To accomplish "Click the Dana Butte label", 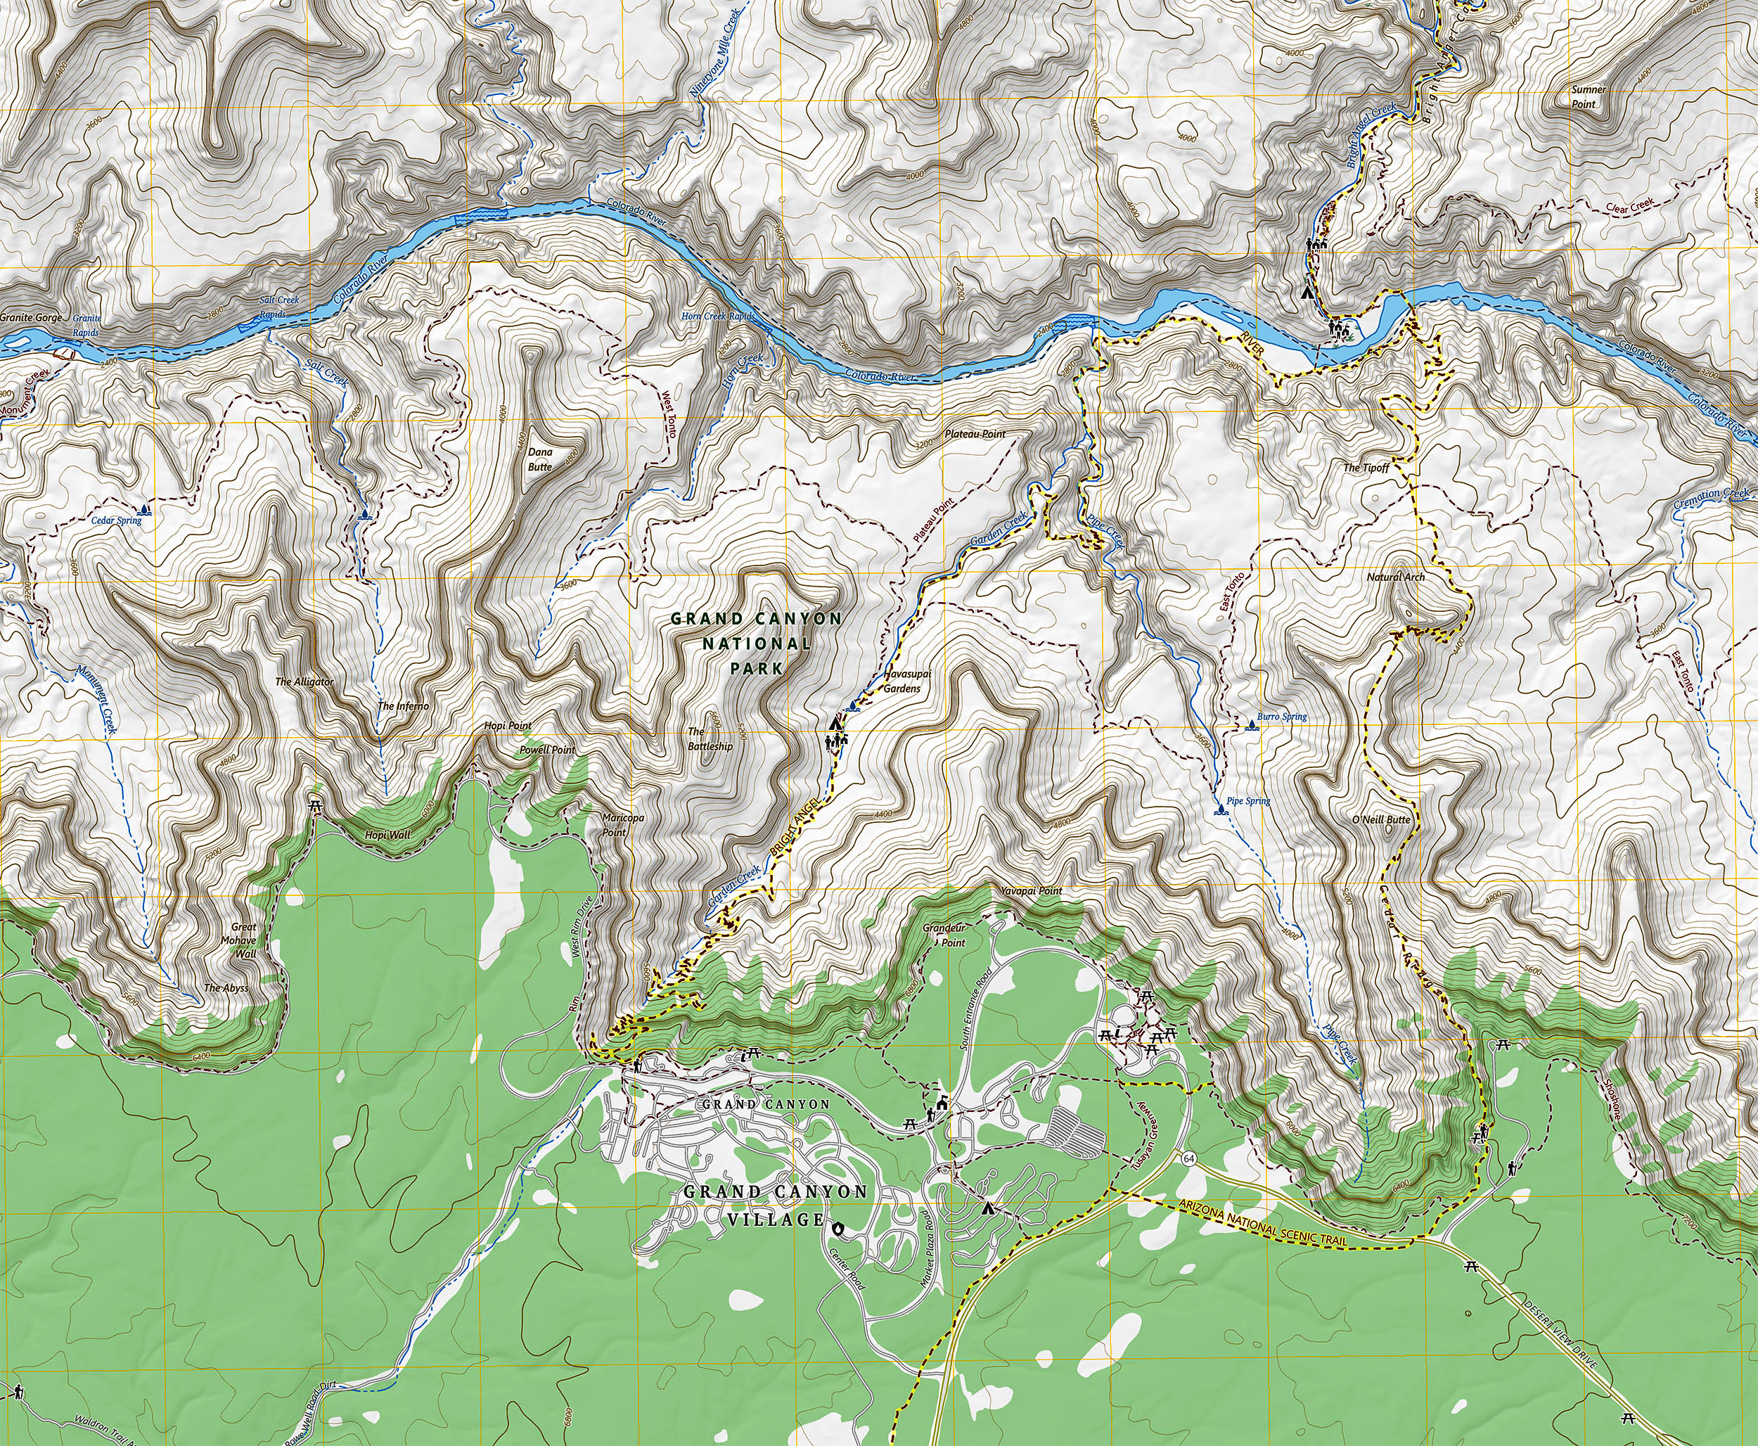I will (539, 460).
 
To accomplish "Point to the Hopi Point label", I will (508, 726).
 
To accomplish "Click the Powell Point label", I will (547, 750).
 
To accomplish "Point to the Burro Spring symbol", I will (1252, 727).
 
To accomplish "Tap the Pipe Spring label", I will (1251, 801).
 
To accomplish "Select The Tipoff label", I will (1366, 468).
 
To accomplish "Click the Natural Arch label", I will (1396, 577).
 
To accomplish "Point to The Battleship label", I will (710, 739).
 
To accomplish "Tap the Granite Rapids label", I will (86, 326).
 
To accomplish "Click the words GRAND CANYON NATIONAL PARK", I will (756, 643).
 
